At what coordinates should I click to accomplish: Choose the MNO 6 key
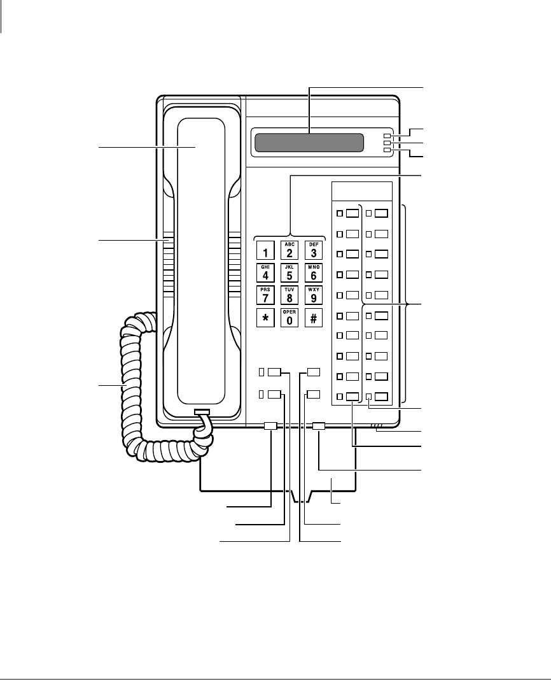(314, 272)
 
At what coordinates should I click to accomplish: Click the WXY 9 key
(314, 295)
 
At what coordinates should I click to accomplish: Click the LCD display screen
(309, 143)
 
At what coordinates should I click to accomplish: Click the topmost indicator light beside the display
(387, 136)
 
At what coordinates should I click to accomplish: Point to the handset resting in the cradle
(201, 255)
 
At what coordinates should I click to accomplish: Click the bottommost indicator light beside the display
(387, 150)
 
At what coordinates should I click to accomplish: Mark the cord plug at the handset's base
(202, 413)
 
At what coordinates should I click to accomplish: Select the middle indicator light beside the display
(387, 143)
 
